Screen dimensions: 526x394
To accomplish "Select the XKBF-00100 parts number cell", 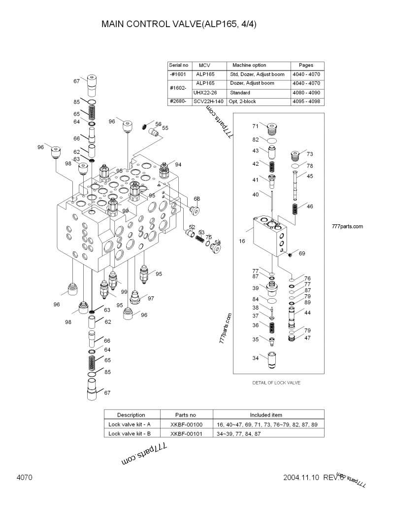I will [x=186, y=424].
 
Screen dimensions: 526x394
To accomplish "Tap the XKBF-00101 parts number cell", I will [x=186, y=433].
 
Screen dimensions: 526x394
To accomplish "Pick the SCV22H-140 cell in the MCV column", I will [x=208, y=102].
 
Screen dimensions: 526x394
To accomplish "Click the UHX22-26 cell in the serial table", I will [x=208, y=93].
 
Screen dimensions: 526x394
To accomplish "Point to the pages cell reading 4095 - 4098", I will [x=306, y=102].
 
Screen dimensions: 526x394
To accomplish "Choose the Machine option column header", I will [x=249, y=65].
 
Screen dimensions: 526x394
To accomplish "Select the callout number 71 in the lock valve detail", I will [x=256, y=126].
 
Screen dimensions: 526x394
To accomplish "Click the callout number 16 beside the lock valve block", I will [x=242, y=241].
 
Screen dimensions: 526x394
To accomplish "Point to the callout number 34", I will [x=256, y=358].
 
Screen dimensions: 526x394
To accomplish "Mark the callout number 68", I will [x=197, y=199].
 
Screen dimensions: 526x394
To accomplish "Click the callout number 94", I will [x=178, y=164].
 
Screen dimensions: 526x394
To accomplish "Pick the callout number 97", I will [x=151, y=298].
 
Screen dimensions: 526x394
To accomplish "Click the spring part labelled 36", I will [x=270, y=326].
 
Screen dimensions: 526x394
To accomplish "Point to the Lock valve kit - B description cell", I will [x=130, y=433].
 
